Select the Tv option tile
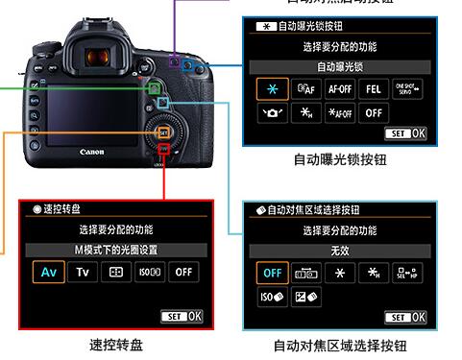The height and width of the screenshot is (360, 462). (x=83, y=272)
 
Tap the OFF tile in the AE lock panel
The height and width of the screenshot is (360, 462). (x=374, y=112)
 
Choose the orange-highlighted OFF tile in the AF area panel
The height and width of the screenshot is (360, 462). (x=273, y=272)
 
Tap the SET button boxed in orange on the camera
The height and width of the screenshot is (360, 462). (x=162, y=132)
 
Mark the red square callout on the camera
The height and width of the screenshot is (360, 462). (x=164, y=150)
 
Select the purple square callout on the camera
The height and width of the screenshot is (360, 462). (x=174, y=61)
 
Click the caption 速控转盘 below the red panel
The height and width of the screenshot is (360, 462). (x=116, y=344)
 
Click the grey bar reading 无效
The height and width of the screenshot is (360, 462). (x=339, y=249)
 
